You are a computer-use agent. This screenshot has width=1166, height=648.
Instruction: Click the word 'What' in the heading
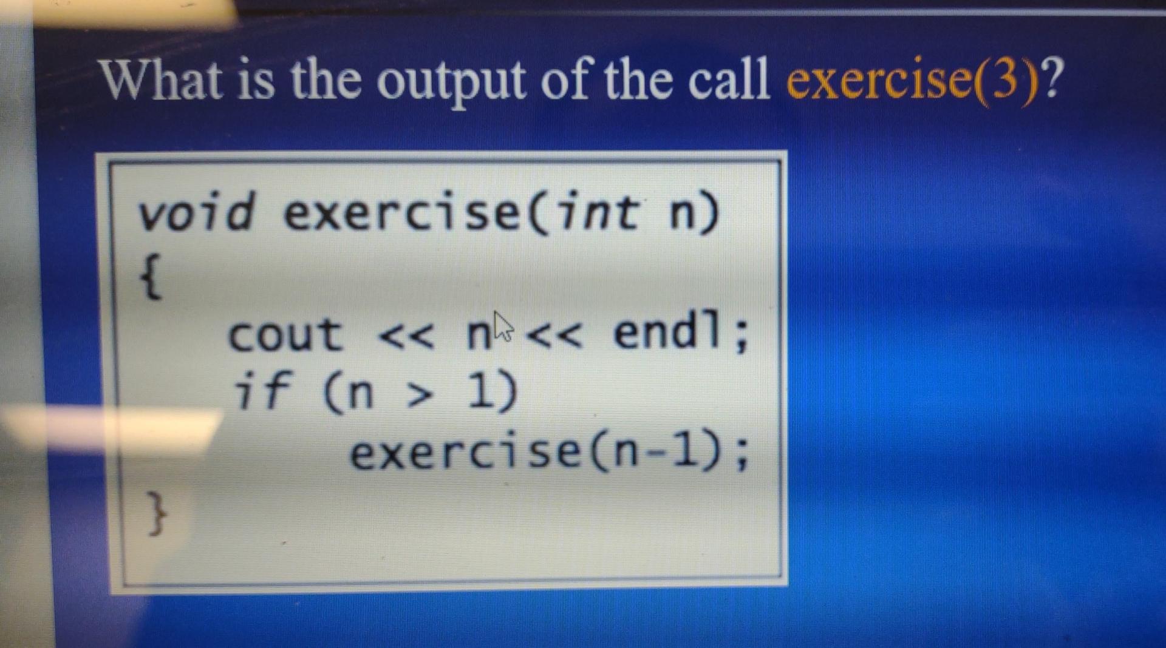[161, 81]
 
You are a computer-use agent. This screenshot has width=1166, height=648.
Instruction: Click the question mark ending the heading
[1052, 79]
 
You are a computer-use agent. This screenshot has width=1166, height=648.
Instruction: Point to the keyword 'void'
[196, 212]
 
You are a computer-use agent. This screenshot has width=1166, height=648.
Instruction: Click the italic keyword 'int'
[598, 212]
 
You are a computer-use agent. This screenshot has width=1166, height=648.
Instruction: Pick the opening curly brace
[151, 277]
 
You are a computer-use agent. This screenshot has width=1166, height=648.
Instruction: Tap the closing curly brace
[157, 513]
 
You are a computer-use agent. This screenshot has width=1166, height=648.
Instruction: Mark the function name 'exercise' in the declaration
[401, 213]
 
